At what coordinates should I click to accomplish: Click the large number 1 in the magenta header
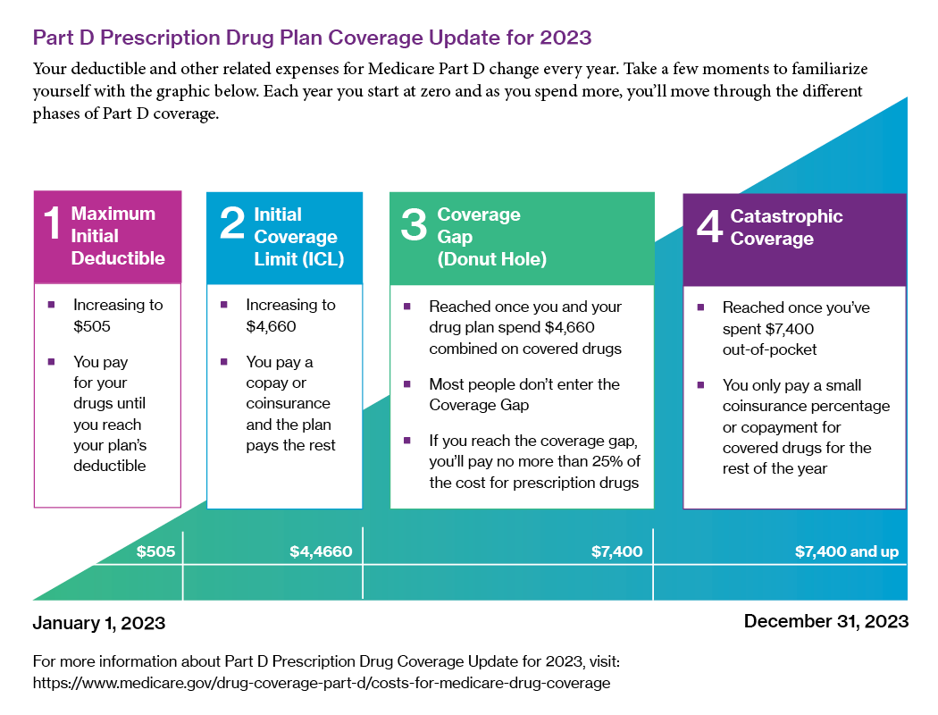[x=53, y=224]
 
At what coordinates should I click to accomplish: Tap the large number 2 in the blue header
[x=231, y=224]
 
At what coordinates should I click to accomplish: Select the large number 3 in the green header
[x=414, y=224]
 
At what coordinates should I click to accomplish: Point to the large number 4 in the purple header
[x=708, y=227]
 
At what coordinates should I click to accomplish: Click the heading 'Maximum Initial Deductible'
[x=118, y=236]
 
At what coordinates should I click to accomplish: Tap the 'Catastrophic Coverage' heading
[x=786, y=227]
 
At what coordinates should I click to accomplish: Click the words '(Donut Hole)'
[x=491, y=259]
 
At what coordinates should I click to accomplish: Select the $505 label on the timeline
[x=155, y=551]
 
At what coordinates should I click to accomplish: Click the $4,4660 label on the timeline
[x=321, y=551]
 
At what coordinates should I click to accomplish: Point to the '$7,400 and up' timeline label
[x=846, y=551]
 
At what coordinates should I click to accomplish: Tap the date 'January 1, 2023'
[x=99, y=622]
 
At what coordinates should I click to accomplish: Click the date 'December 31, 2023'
[x=825, y=621]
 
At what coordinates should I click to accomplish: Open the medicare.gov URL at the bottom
[x=321, y=683]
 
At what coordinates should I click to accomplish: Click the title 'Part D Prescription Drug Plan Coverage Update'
[x=312, y=38]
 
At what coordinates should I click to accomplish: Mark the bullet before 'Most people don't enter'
[x=406, y=384]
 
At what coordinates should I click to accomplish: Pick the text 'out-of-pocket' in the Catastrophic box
[x=769, y=349]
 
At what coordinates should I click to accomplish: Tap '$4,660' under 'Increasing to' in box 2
[x=271, y=326]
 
